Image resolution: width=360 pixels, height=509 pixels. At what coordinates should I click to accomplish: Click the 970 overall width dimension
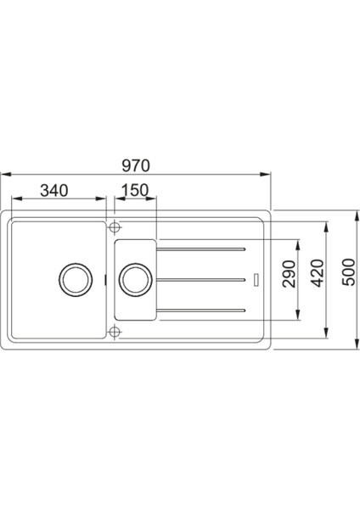pos(136,165)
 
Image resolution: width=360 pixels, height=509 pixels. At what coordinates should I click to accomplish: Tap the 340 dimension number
pos(54,191)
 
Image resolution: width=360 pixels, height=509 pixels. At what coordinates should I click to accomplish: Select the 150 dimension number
pos(135,191)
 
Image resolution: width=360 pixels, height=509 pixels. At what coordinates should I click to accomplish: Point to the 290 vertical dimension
pos(290,274)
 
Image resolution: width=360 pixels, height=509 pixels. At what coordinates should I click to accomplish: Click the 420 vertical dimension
pos(318,273)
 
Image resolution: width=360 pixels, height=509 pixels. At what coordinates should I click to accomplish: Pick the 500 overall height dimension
pos(349,272)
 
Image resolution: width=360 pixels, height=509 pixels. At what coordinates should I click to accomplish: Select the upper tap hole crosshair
pos(114,227)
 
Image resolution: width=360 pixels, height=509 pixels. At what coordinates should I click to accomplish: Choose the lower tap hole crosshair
pos(114,332)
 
